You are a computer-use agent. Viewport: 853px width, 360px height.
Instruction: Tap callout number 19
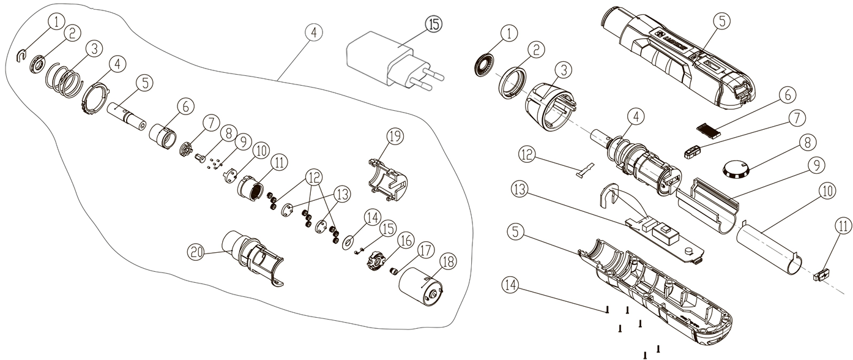pos(396,136)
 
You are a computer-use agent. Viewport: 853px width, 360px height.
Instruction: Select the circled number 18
pos(448,261)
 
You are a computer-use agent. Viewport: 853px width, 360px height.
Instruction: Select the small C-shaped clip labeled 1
pos(20,56)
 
